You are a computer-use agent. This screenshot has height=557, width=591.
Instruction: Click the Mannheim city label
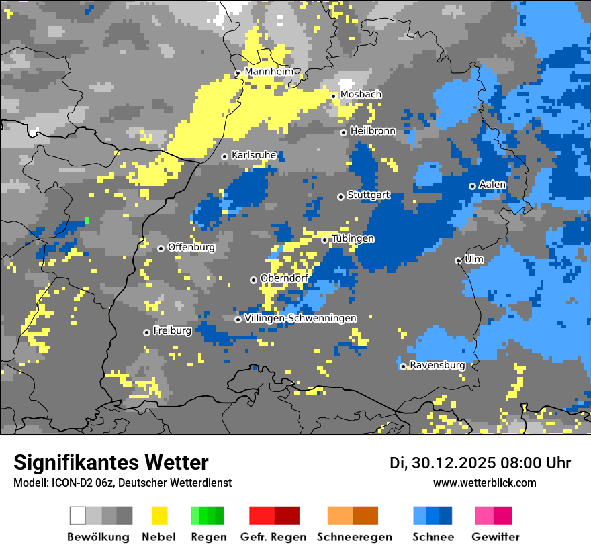pos(269,72)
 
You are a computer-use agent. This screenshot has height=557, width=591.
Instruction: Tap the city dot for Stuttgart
pos(340,197)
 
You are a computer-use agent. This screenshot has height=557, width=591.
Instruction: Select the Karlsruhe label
pos(254,155)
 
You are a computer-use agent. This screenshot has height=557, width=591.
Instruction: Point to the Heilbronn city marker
pos(343,132)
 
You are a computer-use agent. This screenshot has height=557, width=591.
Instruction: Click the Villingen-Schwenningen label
pos(300,318)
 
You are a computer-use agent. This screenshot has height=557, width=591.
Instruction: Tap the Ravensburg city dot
pos(403,366)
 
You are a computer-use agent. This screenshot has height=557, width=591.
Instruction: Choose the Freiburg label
pos(172,331)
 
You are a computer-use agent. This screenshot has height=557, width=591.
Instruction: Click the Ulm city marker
pos(458,260)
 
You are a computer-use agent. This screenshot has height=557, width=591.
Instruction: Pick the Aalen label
pos(492,185)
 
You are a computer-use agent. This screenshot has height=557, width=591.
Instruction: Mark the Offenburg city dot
pos(161,248)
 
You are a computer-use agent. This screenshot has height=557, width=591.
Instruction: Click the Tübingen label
pos(353,239)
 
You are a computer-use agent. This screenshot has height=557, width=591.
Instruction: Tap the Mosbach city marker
pos(333,96)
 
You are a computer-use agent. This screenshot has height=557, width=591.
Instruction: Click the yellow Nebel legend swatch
pos(159,515)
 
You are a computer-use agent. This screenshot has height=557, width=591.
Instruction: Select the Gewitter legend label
pos(495,537)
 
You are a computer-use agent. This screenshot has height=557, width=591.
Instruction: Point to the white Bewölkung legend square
pos(78,515)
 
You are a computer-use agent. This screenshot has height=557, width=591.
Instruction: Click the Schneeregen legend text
pos(354,537)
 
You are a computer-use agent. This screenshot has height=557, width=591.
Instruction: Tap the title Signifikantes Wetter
pos(111,462)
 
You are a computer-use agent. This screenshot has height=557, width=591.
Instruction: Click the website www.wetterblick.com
pos(484,483)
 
